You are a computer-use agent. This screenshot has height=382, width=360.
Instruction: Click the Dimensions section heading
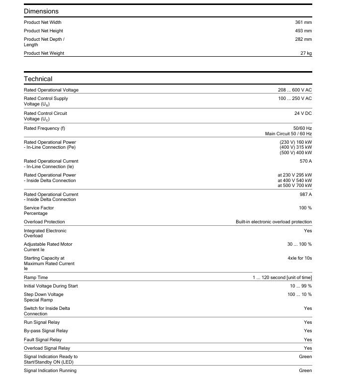[x=41, y=11]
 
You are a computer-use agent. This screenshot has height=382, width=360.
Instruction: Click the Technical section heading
[x=38, y=79]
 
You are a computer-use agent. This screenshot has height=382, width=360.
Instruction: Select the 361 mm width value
[x=303, y=22]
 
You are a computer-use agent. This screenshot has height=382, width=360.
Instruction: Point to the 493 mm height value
[x=303, y=31]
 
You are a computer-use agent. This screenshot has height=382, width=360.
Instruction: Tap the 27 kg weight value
[x=306, y=53]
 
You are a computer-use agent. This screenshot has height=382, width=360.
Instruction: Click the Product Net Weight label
[x=44, y=53]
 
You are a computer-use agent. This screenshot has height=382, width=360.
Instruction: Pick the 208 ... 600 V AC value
[x=294, y=90]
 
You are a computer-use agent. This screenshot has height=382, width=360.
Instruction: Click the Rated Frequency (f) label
[x=44, y=128]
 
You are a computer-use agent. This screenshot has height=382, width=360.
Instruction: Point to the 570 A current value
[x=306, y=161]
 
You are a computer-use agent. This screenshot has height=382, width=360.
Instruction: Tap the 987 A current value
[x=306, y=194]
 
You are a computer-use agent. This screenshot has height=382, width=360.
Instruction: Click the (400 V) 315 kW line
[x=295, y=147]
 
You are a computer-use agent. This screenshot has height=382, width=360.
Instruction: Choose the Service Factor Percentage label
[x=39, y=210]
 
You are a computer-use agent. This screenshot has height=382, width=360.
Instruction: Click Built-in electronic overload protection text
[x=273, y=222]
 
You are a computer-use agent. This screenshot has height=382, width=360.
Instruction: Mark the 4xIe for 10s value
[x=299, y=258]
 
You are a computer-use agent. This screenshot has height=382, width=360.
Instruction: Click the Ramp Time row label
[x=36, y=277]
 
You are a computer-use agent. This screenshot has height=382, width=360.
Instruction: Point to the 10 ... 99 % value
[x=301, y=286]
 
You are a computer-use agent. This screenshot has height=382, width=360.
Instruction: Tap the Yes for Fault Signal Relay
[x=308, y=340]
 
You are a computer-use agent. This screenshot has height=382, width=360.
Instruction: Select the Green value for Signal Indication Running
[x=305, y=371]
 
